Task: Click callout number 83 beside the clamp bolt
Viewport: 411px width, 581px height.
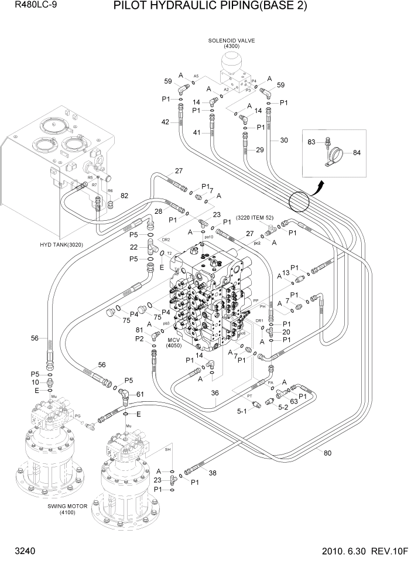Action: pyautogui.click(x=312, y=141)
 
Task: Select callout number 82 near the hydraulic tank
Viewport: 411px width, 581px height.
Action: pyautogui.click(x=124, y=196)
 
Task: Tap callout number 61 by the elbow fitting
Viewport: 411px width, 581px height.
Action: pyautogui.click(x=139, y=394)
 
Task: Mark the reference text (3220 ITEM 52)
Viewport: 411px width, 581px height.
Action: pyautogui.click(x=255, y=218)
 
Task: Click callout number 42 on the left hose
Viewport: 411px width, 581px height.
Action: pyautogui.click(x=165, y=122)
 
